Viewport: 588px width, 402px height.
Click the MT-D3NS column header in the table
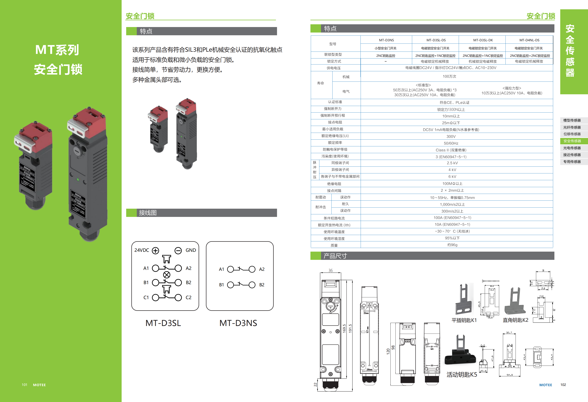386,40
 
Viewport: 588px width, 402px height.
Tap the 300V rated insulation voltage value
451,136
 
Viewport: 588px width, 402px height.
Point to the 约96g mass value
452,245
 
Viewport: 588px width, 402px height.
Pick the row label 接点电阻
335,122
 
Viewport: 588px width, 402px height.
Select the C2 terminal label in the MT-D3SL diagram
188,297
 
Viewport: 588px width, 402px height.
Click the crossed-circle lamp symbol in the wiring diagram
167,275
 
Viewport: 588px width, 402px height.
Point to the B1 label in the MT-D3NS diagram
221,285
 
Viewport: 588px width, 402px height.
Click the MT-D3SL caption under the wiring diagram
163,323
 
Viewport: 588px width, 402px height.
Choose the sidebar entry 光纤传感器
572,127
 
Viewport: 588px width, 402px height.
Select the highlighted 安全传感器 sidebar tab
572,141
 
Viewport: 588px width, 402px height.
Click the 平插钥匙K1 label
464,320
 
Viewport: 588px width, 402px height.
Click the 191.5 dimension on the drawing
350,328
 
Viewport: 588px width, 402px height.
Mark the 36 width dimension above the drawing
331,270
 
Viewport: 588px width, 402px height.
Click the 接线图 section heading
148,213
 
